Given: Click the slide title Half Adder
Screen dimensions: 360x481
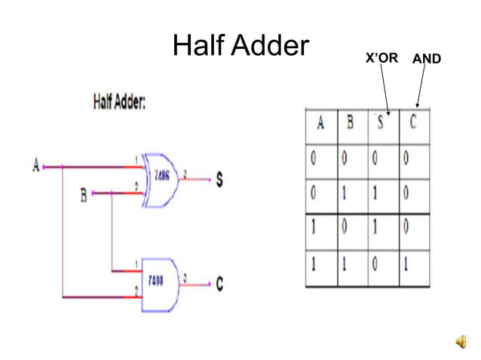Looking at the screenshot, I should tap(240, 47).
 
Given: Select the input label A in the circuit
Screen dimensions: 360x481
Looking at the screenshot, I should tap(36, 165).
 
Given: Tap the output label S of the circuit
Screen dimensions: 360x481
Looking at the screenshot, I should tap(219, 180).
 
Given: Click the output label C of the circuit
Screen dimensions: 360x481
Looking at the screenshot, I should tap(219, 284).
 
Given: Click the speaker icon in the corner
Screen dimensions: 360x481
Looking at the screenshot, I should tap(461, 343).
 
